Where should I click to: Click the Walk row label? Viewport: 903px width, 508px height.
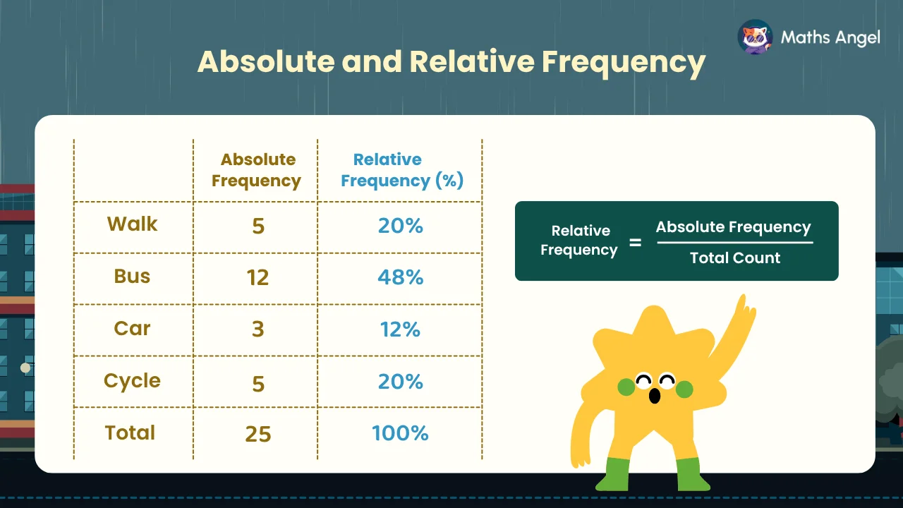[x=132, y=224]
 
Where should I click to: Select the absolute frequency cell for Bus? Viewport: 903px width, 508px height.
[x=257, y=277]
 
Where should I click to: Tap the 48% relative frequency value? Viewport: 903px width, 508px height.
[x=400, y=277]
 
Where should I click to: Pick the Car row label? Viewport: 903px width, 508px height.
[x=132, y=328]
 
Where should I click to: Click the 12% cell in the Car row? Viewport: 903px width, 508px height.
[x=400, y=329]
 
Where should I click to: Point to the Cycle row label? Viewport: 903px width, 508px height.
[x=132, y=381]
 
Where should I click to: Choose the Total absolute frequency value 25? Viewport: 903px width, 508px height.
[x=258, y=434]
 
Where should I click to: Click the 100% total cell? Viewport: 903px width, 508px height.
[x=400, y=433]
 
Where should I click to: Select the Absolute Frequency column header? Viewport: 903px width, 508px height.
[x=257, y=170]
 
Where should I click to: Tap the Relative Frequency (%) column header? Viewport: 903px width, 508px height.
[x=402, y=171]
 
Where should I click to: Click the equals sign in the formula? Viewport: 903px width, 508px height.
[x=636, y=242]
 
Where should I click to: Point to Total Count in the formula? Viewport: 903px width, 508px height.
[x=735, y=258]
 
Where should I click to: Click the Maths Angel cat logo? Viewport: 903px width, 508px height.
[x=755, y=37]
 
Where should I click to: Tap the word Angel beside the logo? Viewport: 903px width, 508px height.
[x=857, y=38]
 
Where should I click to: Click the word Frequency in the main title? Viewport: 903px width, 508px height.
[x=623, y=63]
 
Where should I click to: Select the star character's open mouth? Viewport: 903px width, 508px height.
[x=654, y=396]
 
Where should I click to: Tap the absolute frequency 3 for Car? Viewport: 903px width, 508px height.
[x=258, y=329]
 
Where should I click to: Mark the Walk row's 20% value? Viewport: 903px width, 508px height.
[x=400, y=225]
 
